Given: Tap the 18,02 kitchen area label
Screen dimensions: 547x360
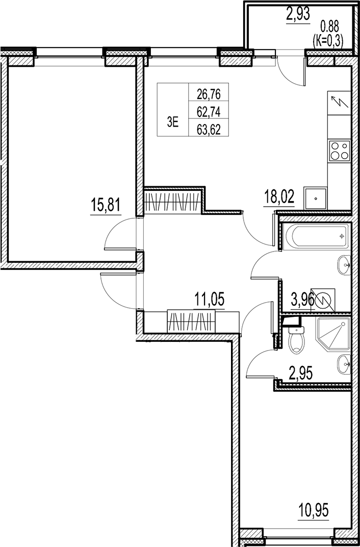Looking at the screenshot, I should tap(278, 197).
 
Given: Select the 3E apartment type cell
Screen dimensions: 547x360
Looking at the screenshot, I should tap(172, 122).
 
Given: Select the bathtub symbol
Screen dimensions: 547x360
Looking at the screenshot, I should tap(315, 236).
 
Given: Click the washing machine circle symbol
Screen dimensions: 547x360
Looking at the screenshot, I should tap(324, 301).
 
